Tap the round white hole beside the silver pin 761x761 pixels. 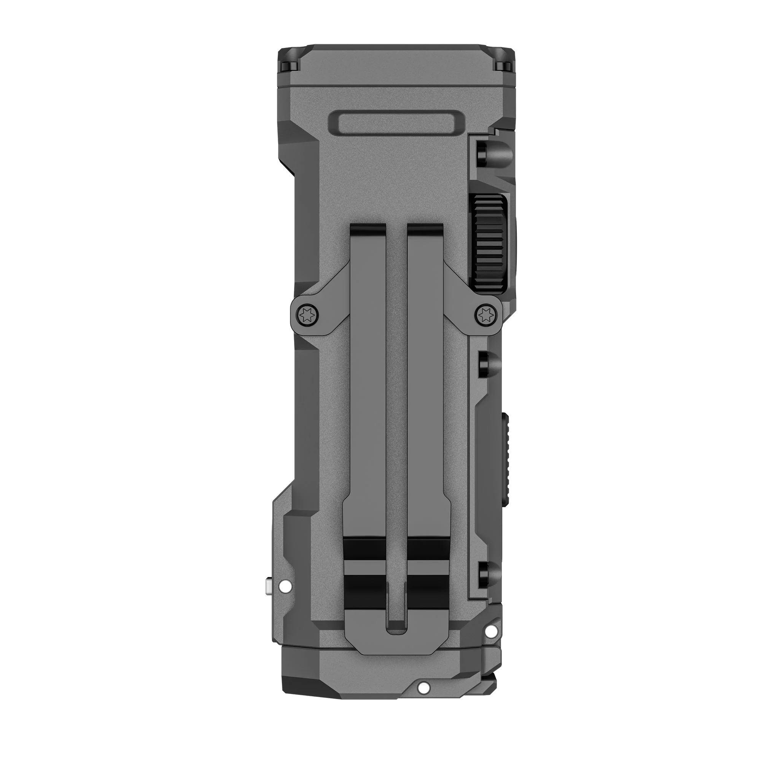[282, 589]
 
